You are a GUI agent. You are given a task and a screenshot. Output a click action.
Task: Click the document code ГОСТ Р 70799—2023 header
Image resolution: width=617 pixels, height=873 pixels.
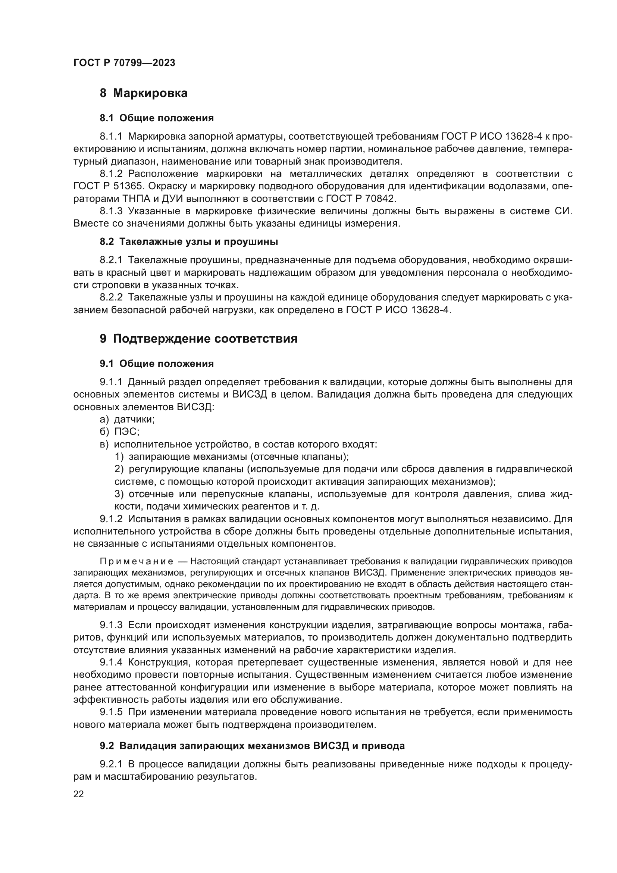click(x=124, y=63)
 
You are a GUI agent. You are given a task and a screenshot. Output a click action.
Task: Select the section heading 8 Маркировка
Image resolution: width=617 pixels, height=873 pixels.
click(x=144, y=93)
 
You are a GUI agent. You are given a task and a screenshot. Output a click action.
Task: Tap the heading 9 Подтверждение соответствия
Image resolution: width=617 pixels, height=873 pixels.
click(x=198, y=339)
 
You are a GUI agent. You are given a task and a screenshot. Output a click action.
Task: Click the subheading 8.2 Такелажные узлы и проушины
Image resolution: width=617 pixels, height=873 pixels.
click(x=189, y=242)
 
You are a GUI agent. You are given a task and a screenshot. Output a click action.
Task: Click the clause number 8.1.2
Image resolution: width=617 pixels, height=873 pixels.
click(x=111, y=174)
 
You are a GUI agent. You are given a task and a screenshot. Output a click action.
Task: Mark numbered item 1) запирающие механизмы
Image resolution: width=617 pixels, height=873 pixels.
click(x=232, y=456)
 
